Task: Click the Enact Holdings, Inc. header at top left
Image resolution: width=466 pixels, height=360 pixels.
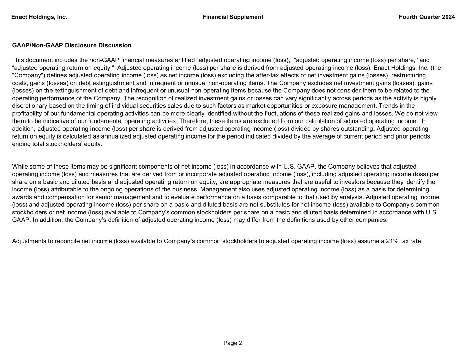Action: click(x=39, y=17)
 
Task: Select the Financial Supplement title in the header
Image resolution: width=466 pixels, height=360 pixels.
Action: click(x=232, y=17)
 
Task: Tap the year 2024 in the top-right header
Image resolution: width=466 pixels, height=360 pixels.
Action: click(x=448, y=17)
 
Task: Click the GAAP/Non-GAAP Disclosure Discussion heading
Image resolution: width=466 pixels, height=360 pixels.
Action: click(x=72, y=45)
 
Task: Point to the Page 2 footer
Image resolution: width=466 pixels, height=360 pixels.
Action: click(x=232, y=343)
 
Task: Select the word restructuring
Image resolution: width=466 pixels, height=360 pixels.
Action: click(x=408, y=75)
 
